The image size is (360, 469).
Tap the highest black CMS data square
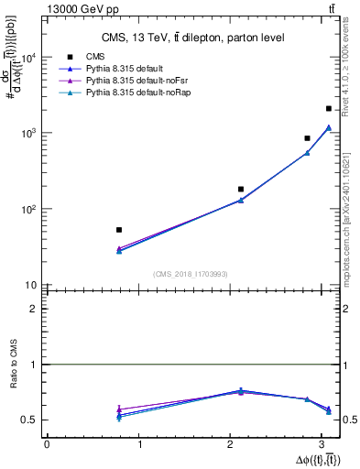click(x=328, y=109)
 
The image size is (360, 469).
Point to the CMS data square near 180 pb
click(x=241, y=190)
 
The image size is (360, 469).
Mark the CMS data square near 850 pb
click(x=307, y=138)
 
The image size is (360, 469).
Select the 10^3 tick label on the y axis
click(x=28, y=134)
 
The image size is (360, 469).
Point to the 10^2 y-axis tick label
click(x=28, y=210)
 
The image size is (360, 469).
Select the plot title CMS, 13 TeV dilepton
click(x=193, y=38)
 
